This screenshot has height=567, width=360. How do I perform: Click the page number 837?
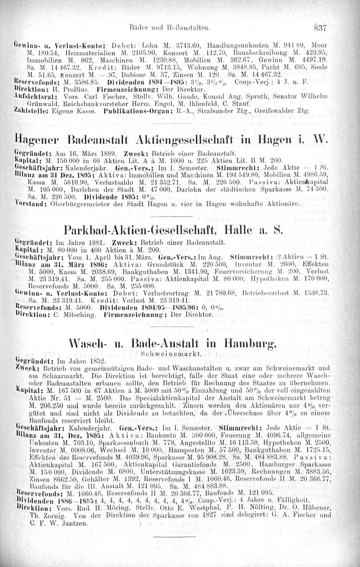click(319, 26)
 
